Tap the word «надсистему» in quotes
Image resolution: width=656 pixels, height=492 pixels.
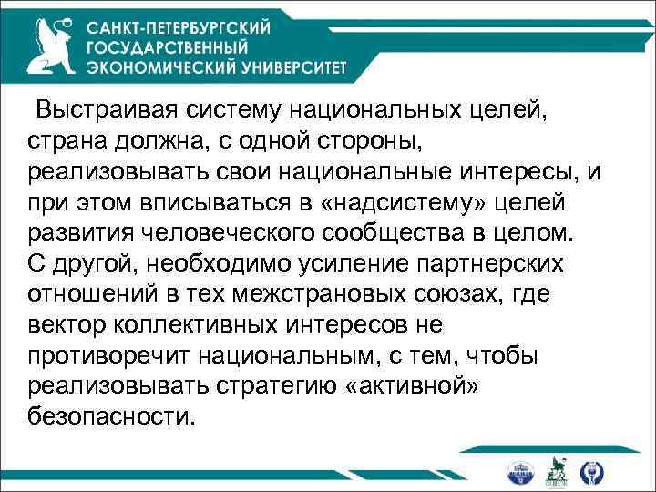click(x=381, y=201)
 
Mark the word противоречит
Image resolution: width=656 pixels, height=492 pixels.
click(x=95, y=354)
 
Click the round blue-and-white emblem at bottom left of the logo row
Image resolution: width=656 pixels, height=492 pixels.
click(x=518, y=471)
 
